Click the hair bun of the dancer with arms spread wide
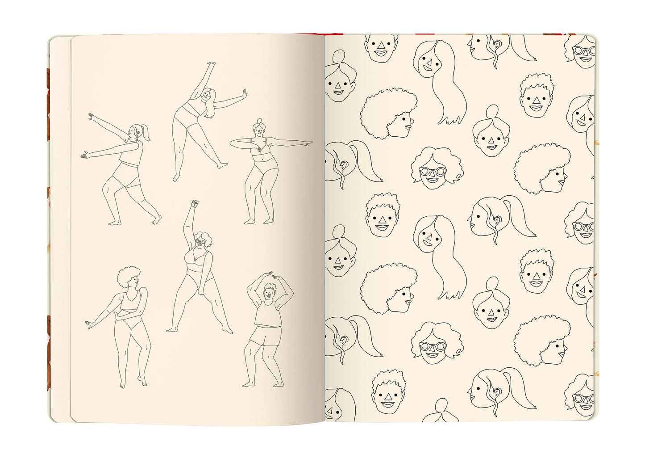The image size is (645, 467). tap(258, 122)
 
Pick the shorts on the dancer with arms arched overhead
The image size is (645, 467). tap(265, 336)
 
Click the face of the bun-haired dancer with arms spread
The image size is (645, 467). tap(258, 131)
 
